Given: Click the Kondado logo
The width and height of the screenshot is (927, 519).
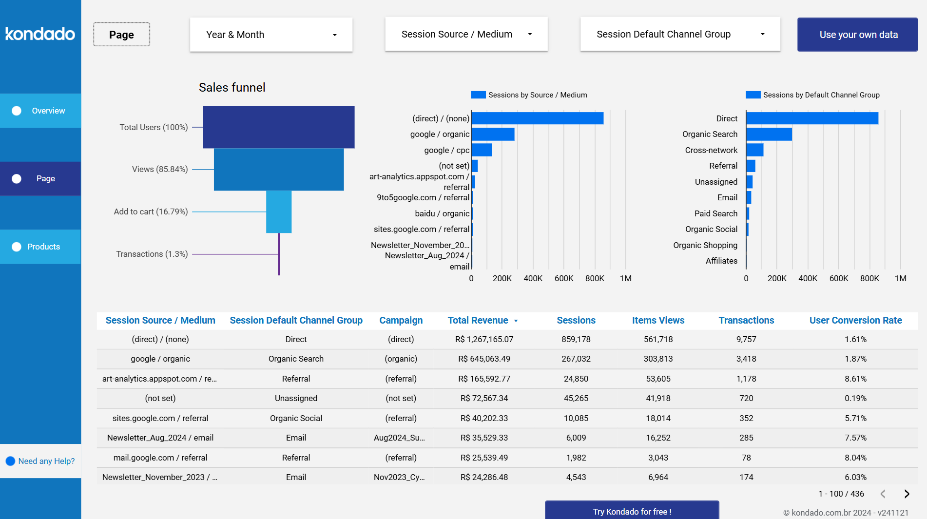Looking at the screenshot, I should (x=40, y=34).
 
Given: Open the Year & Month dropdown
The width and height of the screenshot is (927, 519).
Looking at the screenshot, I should (x=271, y=35).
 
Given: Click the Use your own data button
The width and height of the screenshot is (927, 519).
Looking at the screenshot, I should (x=857, y=35).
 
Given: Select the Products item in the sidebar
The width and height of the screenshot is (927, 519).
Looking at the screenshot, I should (x=40, y=247).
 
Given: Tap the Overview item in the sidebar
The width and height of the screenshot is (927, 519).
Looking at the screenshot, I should (x=40, y=111).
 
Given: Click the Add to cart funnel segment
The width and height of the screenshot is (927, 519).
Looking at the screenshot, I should (x=279, y=211).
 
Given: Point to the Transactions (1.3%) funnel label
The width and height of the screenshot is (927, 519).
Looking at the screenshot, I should (x=152, y=254).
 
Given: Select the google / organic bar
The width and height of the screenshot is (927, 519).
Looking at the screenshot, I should (x=493, y=134).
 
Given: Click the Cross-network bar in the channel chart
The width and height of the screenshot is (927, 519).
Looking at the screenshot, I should (x=754, y=150).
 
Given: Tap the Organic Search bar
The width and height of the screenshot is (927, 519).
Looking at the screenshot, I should (x=769, y=134).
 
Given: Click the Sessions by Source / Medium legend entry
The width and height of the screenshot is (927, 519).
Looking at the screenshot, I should (x=529, y=95).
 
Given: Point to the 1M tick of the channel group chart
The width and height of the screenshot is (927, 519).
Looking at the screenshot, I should (x=900, y=278).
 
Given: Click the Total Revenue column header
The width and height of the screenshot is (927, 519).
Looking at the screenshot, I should (x=478, y=320).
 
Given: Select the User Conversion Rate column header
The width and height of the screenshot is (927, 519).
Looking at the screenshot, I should (x=855, y=320).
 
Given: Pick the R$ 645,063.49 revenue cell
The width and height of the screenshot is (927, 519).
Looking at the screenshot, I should (x=484, y=359).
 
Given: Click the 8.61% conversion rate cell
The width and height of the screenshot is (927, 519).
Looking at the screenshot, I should (x=855, y=379).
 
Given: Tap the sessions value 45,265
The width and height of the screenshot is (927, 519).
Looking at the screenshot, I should (x=576, y=398).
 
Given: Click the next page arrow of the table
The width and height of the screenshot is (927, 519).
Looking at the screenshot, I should (x=907, y=494).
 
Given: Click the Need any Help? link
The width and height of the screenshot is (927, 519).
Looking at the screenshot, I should (x=46, y=461).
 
